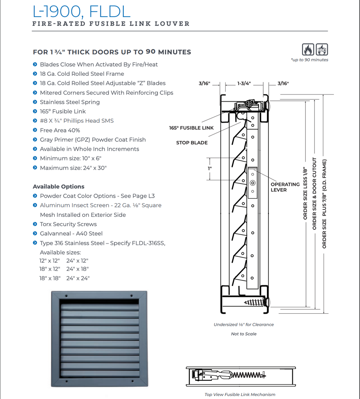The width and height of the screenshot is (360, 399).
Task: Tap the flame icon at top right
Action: pyautogui.click(x=308, y=50)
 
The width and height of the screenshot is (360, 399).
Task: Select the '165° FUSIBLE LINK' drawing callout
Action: pyautogui.click(x=191, y=128)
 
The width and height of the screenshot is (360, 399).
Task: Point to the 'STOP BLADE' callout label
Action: pyautogui.click(x=192, y=143)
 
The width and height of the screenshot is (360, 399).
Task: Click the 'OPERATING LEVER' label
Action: pyautogui.click(x=285, y=187)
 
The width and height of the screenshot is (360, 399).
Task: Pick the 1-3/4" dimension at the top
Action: pyautogui.click(x=244, y=83)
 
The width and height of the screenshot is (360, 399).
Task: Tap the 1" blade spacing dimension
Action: pyautogui.click(x=210, y=168)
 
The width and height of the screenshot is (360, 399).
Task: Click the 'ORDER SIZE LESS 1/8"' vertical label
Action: pyautogui.click(x=305, y=192)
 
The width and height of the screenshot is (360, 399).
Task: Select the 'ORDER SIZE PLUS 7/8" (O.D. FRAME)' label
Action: pyautogui.click(x=325, y=203)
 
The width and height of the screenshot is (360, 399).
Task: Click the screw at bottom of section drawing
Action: pyautogui.click(x=255, y=302)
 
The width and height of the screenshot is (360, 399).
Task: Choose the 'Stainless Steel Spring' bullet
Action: pyautogui.click(x=70, y=102)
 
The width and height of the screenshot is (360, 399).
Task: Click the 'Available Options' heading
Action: pyautogui.click(x=58, y=187)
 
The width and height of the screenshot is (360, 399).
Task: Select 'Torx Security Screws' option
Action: pyautogui.click(x=68, y=224)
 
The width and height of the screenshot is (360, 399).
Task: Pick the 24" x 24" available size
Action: pyautogui.click(x=78, y=278)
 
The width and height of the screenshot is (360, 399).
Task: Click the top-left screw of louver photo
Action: pyautogui.click(x=66, y=296)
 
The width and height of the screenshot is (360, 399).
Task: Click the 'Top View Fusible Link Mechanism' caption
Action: pyautogui.click(x=240, y=395)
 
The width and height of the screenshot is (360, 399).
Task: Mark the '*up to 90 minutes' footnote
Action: pyautogui.click(x=309, y=60)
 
